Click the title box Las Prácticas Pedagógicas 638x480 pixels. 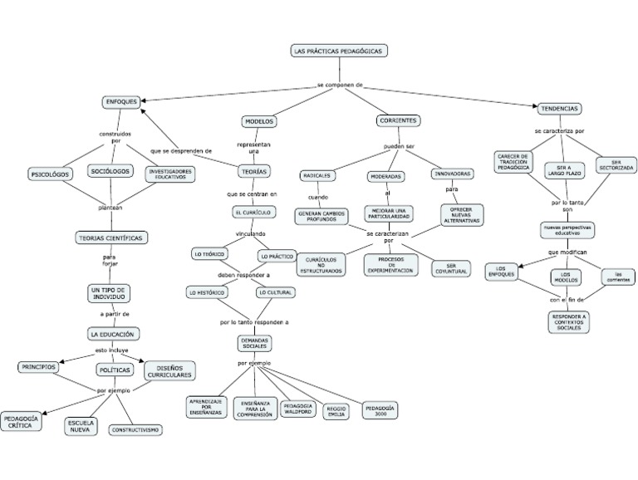[339, 51]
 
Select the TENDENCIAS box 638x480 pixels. [560, 109]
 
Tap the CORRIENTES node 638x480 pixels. [398, 121]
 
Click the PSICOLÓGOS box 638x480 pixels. [50, 175]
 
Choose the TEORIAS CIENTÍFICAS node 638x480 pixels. [110, 238]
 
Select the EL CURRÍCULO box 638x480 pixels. [253, 213]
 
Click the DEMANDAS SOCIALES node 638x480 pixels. [254, 343]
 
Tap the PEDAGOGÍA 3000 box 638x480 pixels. [380, 410]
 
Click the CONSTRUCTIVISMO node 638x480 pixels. [136, 430]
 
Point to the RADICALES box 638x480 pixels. [317, 176]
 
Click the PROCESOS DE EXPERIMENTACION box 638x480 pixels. [390, 265]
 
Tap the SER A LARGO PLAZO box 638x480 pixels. [564, 171]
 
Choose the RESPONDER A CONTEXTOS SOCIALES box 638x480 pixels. [569, 322]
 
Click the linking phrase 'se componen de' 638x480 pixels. [341, 85]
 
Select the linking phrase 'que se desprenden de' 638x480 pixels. [181, 150]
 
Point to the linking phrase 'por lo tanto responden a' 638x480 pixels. [254, 321]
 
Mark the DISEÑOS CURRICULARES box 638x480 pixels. [170, 370]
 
